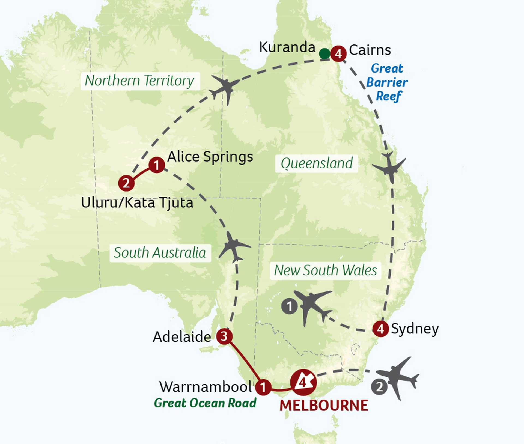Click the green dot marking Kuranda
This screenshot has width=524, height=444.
point(324,54)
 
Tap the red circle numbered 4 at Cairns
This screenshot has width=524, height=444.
point(338,54)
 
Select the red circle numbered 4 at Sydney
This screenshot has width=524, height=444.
point(381,329)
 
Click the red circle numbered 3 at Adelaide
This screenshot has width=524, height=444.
point(224,336)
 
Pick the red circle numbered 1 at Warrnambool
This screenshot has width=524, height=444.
point(263,387)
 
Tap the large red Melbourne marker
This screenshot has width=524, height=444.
point(303,383)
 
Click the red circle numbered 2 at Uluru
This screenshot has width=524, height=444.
point(126,183)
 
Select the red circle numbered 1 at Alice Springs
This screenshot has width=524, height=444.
point(156,165)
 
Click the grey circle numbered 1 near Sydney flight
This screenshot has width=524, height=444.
point(290,306)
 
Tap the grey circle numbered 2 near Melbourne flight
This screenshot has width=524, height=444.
point(379,387)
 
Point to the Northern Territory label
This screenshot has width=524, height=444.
point(140,81)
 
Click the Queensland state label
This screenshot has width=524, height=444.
point(317,163)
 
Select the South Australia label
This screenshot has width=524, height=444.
point(160,253)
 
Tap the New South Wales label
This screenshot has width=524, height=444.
point(325,270)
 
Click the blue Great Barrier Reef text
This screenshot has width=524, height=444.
point(387,82)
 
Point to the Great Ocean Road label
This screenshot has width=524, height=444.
point(205,403)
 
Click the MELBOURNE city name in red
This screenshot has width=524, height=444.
point(324,406)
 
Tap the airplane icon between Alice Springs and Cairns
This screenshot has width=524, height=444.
point(225,88)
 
